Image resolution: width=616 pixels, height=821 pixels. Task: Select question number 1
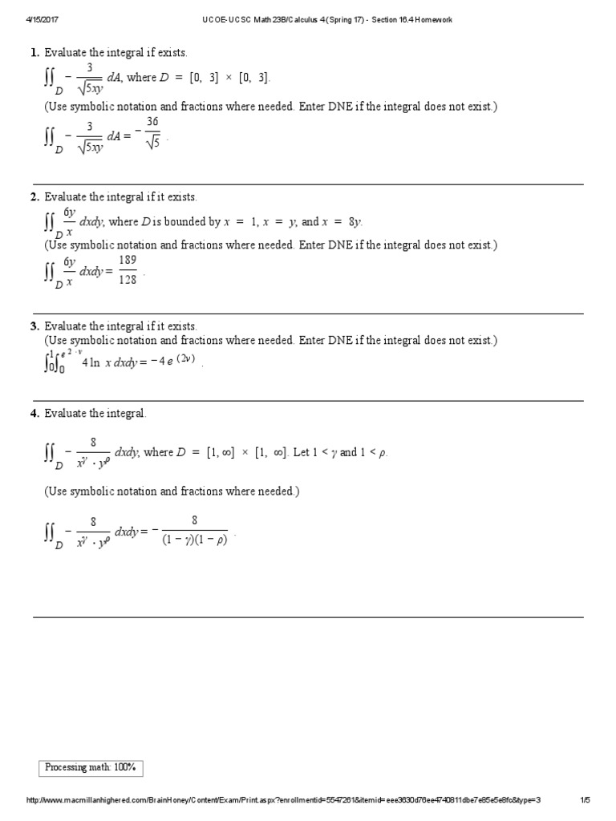pos(34,53)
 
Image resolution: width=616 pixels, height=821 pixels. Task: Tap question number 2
pos(34,196)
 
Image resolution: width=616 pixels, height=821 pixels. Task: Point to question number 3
pos(34,326)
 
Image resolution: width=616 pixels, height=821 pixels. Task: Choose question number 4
pos(34,413)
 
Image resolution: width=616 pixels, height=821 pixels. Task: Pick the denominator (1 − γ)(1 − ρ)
pos(194,540)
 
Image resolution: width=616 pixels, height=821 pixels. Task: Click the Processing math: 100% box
pos(91,768)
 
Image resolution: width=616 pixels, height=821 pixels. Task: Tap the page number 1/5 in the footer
pos(585,800)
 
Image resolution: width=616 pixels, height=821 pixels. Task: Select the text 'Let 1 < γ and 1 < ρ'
pos(339,452)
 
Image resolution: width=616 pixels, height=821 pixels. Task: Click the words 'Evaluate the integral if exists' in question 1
pos(115,53)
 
